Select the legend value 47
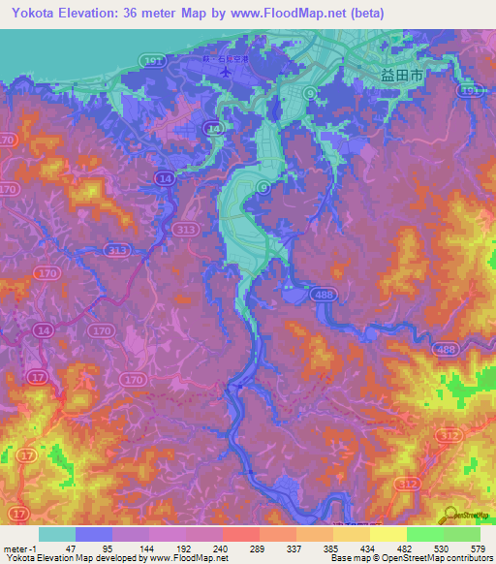click(x=69, y=548)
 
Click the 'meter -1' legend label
click(x=20, y=548)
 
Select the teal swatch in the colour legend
click(x=57, y=534)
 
